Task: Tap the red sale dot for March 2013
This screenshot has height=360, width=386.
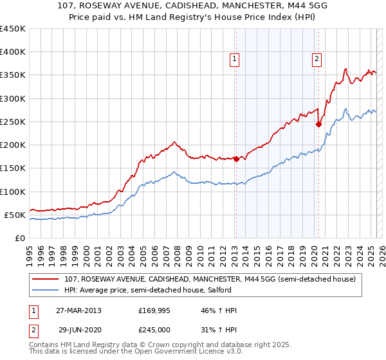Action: [x=236, y=159]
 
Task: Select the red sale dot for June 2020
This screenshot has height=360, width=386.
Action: [x=318, y=125]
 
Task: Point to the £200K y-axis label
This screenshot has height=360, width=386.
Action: [x=13, y=145]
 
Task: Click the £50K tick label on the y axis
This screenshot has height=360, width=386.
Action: [x=15, y=215]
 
